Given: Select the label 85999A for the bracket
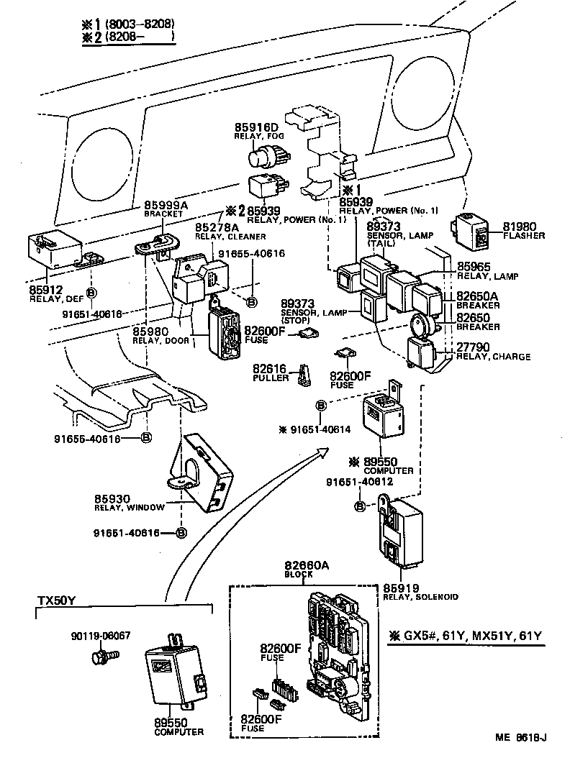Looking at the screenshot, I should (x=166, y=206).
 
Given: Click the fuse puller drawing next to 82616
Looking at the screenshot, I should (x=307, y=375).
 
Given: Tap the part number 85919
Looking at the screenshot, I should (x=401, y=588).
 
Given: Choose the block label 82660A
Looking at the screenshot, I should (x=307, y=566).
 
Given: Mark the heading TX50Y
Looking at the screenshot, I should (x=57, y=601).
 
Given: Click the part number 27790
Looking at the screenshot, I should (x=474, y=347).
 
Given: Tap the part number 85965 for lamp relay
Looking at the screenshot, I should (x=474, y=266).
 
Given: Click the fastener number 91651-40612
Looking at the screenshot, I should (x=361, y=481).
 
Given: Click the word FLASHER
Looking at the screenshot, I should (x=524, y=236).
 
